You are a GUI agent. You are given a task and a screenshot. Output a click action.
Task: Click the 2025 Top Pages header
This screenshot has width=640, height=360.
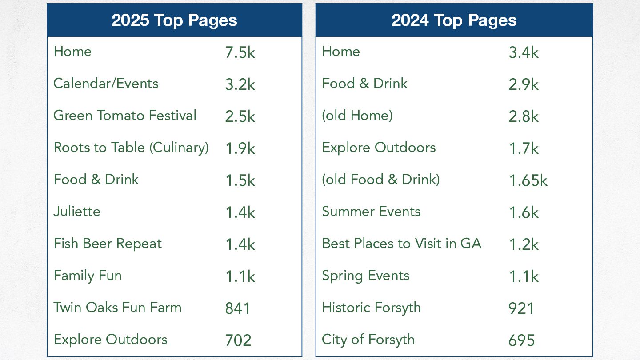coord(174,20)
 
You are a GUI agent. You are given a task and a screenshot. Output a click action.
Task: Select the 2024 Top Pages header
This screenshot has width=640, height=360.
coord(454,20)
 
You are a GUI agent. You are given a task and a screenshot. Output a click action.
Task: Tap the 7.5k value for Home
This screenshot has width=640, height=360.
coord(240,52)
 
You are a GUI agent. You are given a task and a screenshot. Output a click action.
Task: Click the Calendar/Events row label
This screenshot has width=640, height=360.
coord(106,84)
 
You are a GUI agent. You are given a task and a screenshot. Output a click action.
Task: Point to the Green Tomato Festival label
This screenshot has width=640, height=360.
coord(125,116)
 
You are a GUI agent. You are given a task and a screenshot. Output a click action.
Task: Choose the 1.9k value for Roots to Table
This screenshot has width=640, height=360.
coord(240,148)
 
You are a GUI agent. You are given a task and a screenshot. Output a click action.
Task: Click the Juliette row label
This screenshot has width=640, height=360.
coord(77,212)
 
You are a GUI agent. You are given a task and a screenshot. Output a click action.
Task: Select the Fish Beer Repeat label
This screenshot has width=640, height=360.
coord(108,244)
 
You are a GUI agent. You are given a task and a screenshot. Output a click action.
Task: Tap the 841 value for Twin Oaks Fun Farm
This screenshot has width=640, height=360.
coord(238,308)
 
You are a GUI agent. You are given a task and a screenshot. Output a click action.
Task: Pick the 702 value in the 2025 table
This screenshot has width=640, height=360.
coord(238,340)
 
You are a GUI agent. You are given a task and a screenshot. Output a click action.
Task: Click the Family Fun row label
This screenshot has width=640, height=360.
coord(88,276)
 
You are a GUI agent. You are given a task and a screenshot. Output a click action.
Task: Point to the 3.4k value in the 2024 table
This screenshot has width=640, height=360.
coord(524,52)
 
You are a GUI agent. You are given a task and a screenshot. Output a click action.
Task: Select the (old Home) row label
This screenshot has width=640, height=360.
coord(357,116)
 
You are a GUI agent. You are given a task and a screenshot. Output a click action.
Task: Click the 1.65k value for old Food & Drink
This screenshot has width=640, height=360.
coord(528,180)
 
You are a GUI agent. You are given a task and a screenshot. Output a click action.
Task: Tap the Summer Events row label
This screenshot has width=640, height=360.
coord(371,212)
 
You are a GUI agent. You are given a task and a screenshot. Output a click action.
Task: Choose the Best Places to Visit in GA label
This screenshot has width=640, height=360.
coord(402,244)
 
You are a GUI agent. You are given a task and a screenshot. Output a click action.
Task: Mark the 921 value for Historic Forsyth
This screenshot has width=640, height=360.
coord(521,308)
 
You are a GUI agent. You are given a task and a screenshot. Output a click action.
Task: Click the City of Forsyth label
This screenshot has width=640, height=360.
coord(368,340)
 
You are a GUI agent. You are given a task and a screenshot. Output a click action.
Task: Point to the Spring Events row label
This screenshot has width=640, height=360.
coord(366,276)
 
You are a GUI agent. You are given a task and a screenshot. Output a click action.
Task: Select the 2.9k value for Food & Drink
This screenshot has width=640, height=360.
coord(524,84)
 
